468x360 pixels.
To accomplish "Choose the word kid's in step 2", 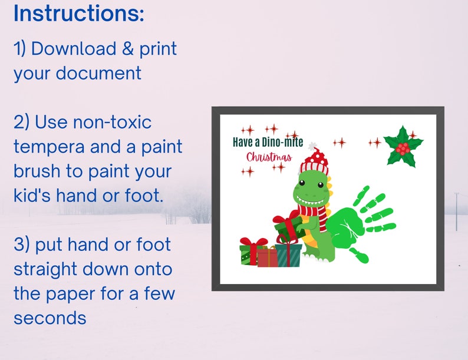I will (x=32, y=196).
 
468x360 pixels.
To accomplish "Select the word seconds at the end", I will (x=50, y=318).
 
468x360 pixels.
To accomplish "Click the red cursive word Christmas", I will (x=269, y=157).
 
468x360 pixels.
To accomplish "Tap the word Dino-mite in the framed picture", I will (x=284, y=142).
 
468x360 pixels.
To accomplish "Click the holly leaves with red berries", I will (x=403, y=146).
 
